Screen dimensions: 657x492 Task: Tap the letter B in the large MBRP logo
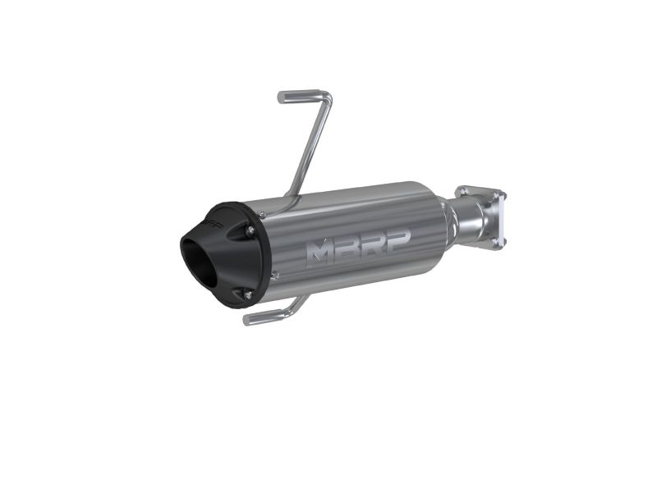[x=347, y=247]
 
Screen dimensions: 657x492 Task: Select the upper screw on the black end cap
[x=250, y=230]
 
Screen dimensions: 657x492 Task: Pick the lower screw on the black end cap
[x=248, y=294]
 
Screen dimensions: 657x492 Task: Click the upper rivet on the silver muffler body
[x=262, y=215]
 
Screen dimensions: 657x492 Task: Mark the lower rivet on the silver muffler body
[x=274, y=275]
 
